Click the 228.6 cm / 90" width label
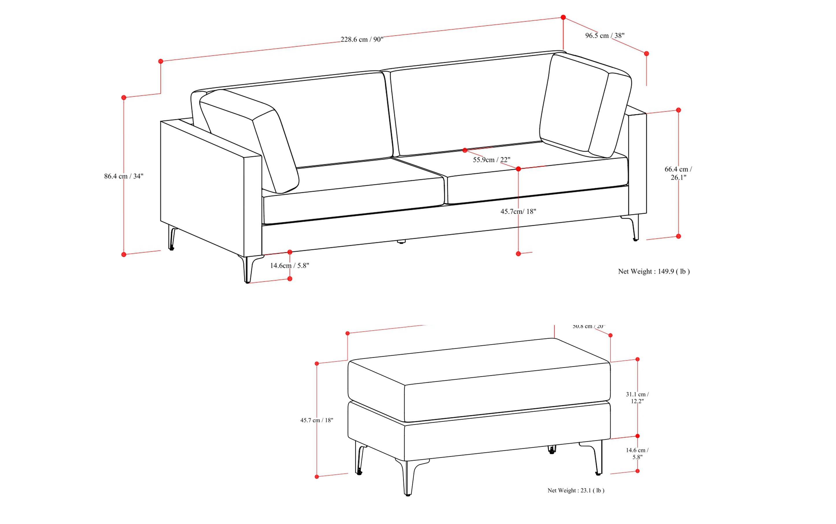click(x=362, y=39)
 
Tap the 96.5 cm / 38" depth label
click(x=605, y=35)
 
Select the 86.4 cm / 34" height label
click(x=124, y=176)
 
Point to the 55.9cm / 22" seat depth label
click(x=491, y=160)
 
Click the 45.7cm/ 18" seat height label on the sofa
click(x=518, y=211)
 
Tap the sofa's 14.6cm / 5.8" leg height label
click(x=290, y=265)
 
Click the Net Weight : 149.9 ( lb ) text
click(x=654, y=271)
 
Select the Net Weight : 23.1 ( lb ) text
click(x=576, y=490)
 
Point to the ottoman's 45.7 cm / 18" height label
click(x=316, y=420)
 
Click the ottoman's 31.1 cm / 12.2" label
click(x=637, y=397)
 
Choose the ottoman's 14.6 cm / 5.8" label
click(x=637, y=453)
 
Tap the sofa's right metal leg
click(x=634, y=227)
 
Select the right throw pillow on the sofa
click(x=585, y=106)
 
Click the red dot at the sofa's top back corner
click(x=563, y=17)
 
